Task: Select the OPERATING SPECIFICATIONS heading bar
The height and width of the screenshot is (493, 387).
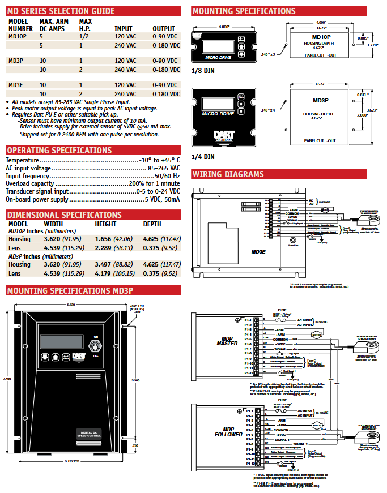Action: [59, 150]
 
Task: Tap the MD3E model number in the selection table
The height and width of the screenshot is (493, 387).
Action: [16, 84]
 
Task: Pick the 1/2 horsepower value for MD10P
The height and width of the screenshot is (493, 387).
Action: [84, 36]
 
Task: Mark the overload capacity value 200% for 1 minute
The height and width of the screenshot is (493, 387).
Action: [154, 184]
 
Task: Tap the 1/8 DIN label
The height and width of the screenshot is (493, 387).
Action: [202, 71]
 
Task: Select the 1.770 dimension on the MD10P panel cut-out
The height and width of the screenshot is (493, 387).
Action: [372, 44]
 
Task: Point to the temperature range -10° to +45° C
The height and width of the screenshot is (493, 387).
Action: [160, 160]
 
